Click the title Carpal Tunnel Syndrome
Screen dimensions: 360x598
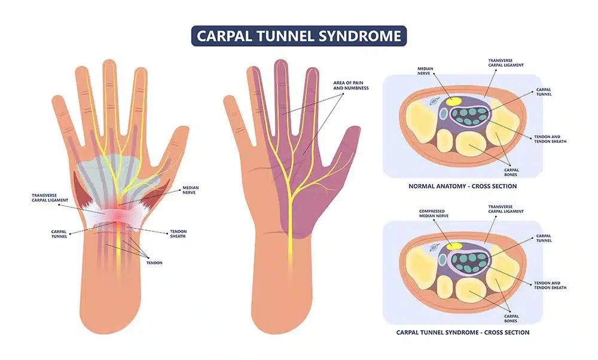(x=298, y=35)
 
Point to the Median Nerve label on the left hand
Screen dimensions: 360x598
(x=190, y=191)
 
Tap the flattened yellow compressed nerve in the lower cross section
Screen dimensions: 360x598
(x=452, y=245)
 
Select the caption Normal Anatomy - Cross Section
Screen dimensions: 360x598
(x=462, y=186)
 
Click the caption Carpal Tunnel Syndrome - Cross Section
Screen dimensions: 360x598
(x=462, y=332)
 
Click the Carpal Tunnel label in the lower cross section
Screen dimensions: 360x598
(x=544, y=238)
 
